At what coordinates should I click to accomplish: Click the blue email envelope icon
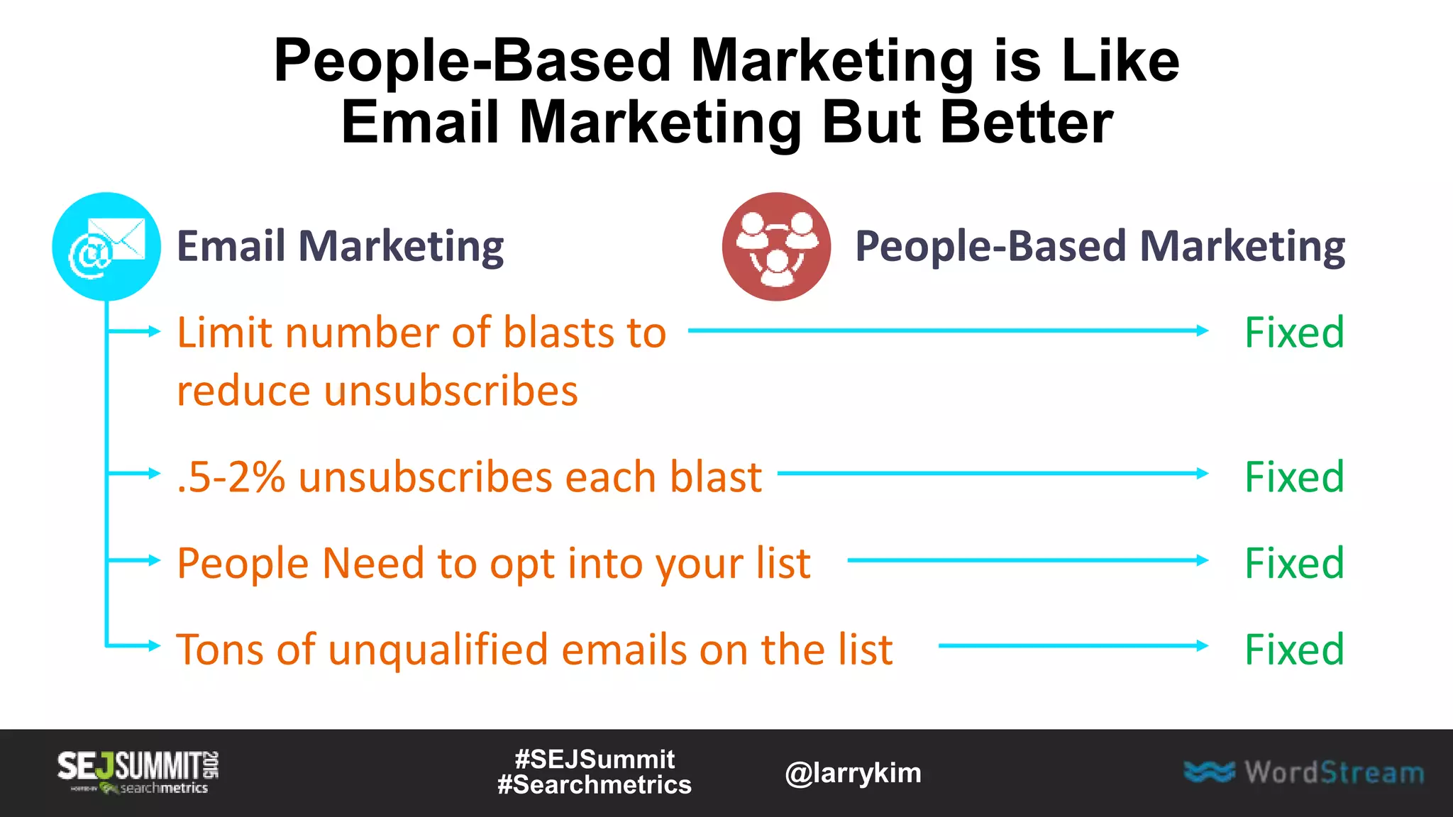point(106,247)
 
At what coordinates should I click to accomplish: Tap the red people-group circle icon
point(776,247)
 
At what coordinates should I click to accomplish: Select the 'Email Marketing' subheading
point(340,247)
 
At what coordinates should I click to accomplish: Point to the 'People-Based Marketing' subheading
point(1100,247)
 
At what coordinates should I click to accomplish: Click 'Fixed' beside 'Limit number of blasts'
point(1294,332)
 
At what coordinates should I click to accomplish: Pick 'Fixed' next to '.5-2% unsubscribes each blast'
point(1294,477)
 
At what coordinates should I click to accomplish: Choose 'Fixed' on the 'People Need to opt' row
point(1294,563)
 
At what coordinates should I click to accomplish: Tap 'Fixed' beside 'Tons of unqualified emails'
point(1294,649)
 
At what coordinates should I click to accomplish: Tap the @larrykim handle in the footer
point(853,773)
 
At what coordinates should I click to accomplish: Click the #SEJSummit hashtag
point(595,760)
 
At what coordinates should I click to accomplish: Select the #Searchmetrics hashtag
point(595,785)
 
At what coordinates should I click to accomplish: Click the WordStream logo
point(1304,772)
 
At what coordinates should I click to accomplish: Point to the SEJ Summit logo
point(138,772)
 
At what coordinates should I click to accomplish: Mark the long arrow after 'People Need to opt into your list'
point(1027,560)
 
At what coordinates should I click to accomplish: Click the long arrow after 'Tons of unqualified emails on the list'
point(1073,645)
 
